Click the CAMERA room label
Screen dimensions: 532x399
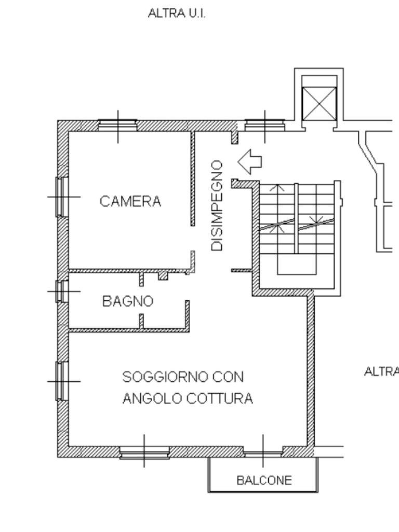click(x=130, y=201)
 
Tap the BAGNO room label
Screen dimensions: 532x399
click(x=128, y=301)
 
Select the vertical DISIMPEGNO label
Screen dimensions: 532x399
click(x=219, y=206)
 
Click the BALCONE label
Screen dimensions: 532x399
click(x=264, y=480)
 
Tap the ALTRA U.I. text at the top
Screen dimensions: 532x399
click(x=177, y=14)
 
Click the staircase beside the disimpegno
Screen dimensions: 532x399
click(x=296, y=223)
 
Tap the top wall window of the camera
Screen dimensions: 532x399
click(x=118, y=125)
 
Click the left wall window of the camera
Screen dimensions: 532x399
click(x=62, y=197)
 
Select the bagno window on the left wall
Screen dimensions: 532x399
click(x=62, y=291)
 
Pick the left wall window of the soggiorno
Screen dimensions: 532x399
click(x=62, y=380)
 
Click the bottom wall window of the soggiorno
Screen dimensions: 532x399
click(x=144, y=452)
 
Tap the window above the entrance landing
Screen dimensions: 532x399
click(x=265, y=125)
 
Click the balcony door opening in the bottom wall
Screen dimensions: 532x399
click(x=263, y=452)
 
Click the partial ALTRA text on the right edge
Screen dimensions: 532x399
click(x=381, y=371)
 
